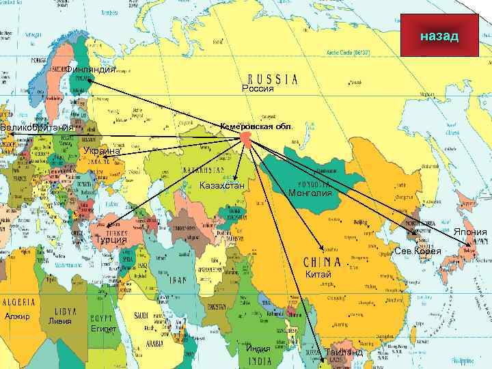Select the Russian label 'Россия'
258,88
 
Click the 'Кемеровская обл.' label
256,126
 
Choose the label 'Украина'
100,151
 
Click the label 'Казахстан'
222,187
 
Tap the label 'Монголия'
310,193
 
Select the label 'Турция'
111,240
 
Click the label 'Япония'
471,232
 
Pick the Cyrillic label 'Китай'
318,275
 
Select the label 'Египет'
103,329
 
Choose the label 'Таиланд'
344,353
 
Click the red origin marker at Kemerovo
246,139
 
